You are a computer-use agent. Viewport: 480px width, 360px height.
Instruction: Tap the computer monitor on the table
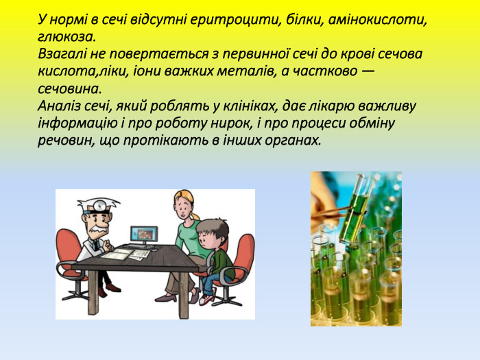[144, 235]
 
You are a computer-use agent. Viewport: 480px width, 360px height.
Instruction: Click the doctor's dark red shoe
[114, 288]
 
